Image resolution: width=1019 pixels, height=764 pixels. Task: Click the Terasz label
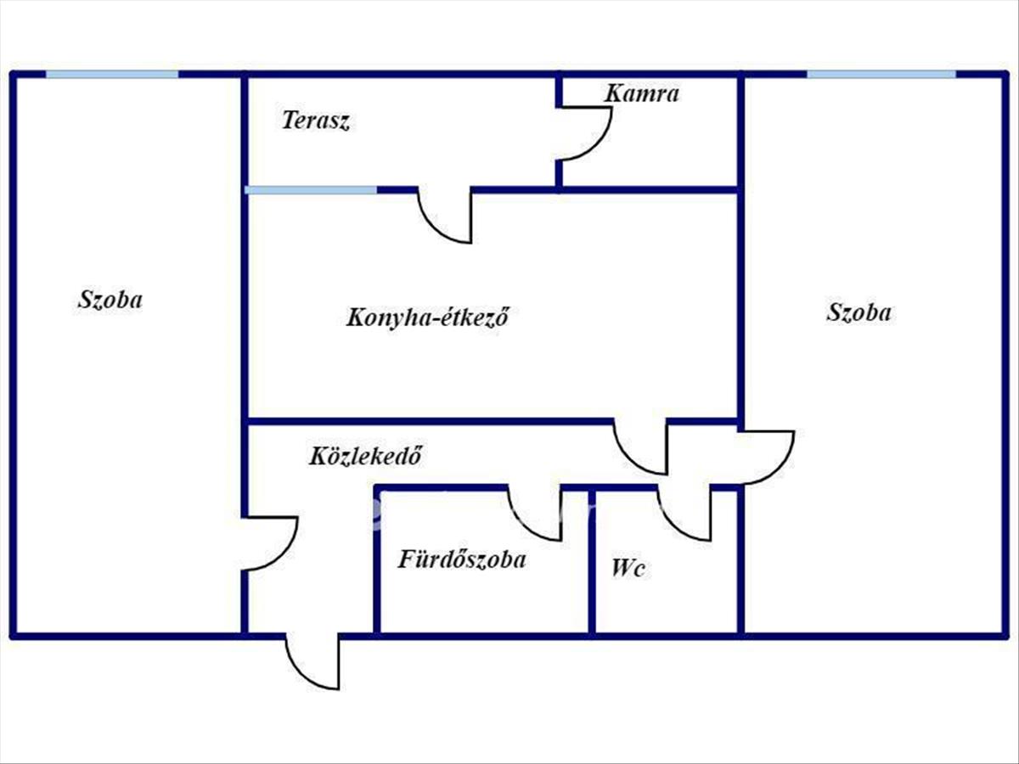tap(316, 121)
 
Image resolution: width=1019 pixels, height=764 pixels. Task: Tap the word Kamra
tap(642, 93)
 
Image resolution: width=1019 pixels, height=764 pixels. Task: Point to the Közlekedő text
tap(365, 457)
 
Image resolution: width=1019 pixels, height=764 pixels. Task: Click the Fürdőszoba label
tap(462, 559)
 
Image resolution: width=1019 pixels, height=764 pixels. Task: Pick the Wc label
tap(628, 568)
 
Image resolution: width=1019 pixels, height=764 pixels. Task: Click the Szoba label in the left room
tap(110, 300)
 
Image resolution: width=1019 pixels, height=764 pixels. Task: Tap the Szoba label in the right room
tap(859, 312)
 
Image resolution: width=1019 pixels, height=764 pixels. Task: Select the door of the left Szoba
tap(272, 543)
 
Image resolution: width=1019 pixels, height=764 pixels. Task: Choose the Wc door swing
tap(686, 514)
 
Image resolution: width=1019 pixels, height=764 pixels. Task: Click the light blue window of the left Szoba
tap(112, 75)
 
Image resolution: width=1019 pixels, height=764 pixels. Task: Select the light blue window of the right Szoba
tap(881, 75)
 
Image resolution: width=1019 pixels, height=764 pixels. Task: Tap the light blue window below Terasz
tap(311, 189)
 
